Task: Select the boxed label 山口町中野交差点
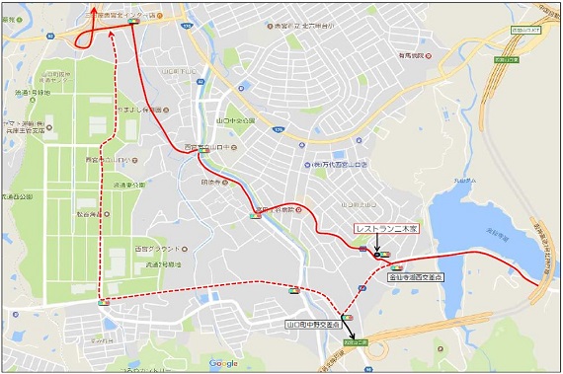click(x=313, y=324)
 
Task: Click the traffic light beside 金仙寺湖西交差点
click(x=397, y=266)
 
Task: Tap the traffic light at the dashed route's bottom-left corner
click(x=103, y=303)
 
